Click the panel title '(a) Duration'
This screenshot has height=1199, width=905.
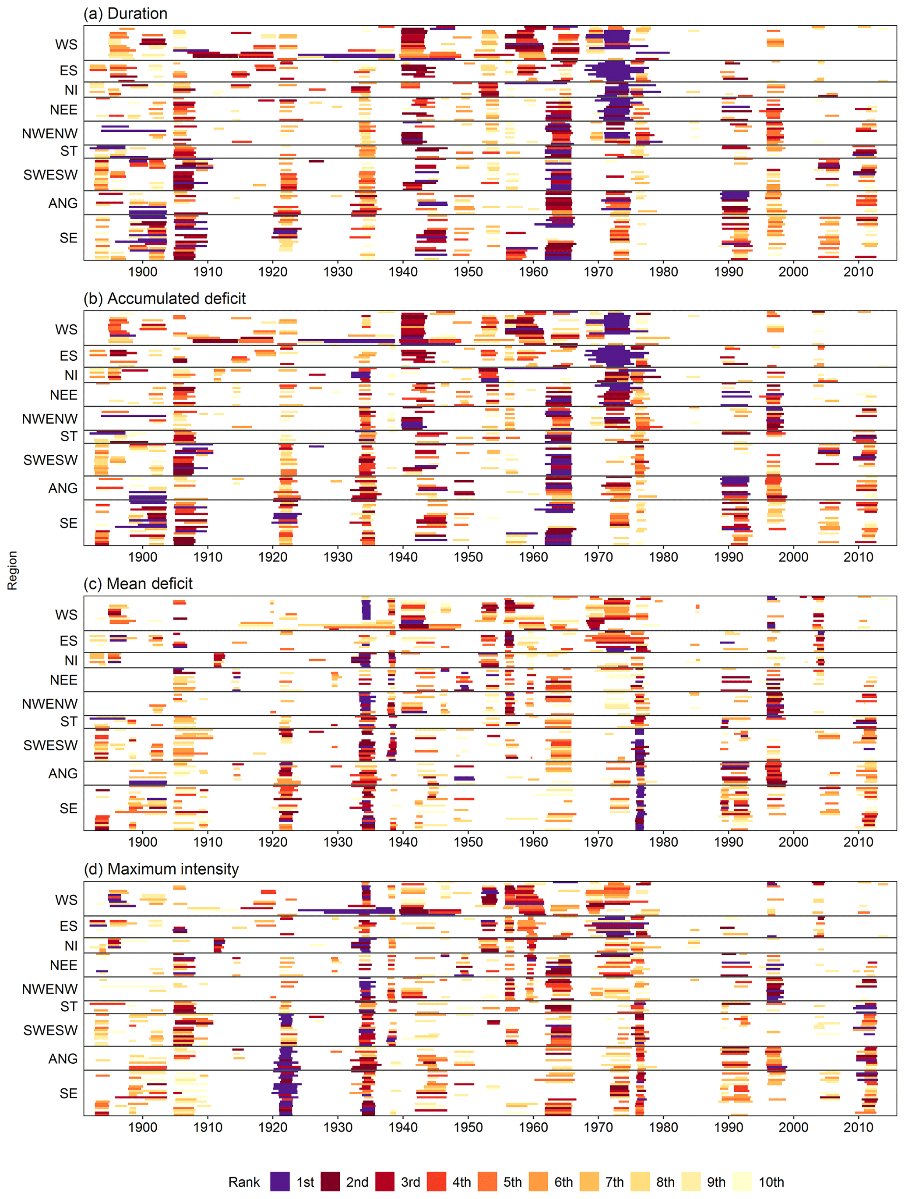(x=125, y=14)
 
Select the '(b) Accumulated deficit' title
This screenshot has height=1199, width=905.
(x=165, y=299)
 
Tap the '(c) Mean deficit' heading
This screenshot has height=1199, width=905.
(x=138, y=584)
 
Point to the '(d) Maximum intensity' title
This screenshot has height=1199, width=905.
(x=161, y=869)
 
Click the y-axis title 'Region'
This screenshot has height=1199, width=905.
(x=12, y=570)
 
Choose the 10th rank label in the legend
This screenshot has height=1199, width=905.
(x=771, y=1182)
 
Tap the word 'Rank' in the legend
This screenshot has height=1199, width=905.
(x=244, y=1182)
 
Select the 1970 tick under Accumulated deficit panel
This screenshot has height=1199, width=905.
(x=598, y=557)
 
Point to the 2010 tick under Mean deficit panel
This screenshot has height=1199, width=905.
(x=858, y=842)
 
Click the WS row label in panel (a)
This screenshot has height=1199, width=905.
(x=66, y=45)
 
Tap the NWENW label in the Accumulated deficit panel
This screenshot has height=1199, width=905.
(x=50, y=419)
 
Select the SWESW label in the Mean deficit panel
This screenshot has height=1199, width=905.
(x=50, y=745)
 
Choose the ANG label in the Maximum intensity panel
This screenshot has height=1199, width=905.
(x=63, y=1058)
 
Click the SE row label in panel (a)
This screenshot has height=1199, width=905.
(x=68, y=238)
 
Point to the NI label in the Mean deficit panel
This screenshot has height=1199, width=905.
(x=71, y=660)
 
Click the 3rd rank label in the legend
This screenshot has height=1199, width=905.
(x=411, y=1182)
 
